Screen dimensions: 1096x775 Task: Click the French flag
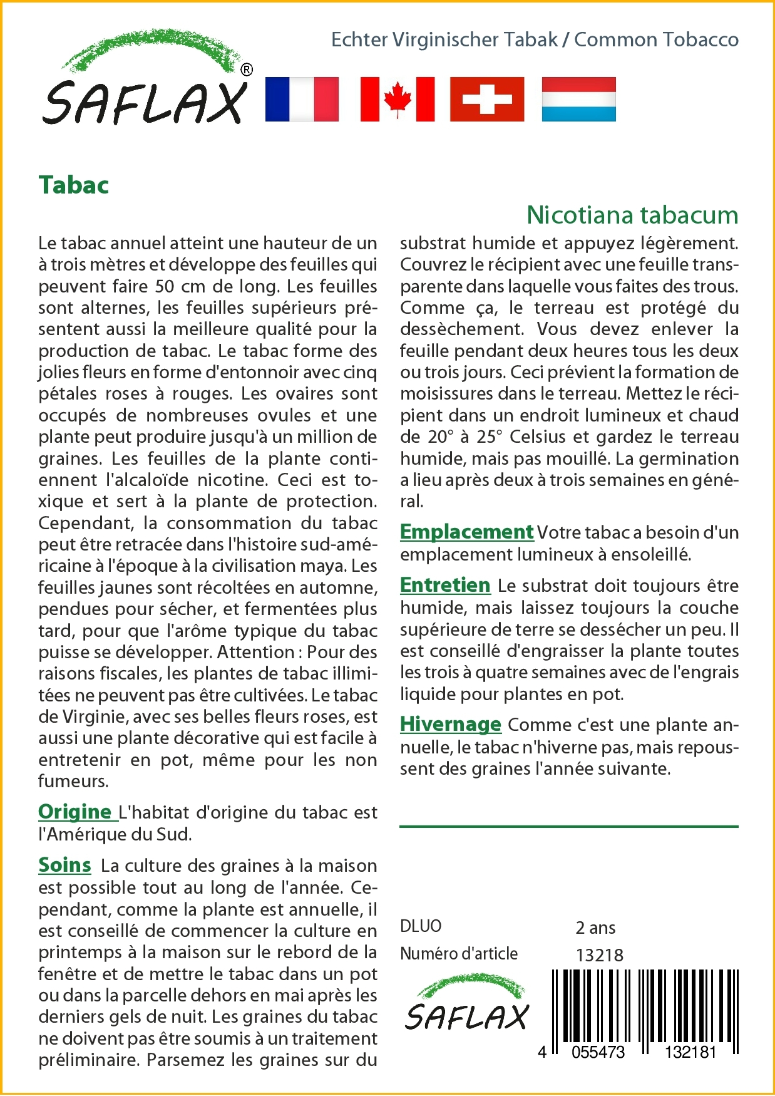tap(302, 99)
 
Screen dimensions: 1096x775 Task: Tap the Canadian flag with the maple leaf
tap(398, 99)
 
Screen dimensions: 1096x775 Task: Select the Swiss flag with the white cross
tap(487, 99)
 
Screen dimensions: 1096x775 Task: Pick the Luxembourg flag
tap(578, 99)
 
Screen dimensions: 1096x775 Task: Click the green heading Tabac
tap(74, 185)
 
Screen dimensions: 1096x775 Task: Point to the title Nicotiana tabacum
tap(632, 215)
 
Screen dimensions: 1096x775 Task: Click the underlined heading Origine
tap(75, 812)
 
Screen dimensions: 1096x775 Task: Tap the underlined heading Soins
tap(64, 865)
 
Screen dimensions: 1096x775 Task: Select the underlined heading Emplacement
tap(466, 532)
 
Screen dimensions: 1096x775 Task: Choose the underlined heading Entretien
tap(445, 585)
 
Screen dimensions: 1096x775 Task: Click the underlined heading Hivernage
tap(451, 724)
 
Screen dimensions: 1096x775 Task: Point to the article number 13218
tap(600, 955)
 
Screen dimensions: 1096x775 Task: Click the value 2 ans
tap(595, 928)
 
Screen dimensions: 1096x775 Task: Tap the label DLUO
tap(421, 926)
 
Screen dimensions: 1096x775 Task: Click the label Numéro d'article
tap(459, 954)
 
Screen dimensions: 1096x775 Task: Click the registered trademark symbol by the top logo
tap(247, 70)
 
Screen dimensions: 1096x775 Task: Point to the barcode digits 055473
tap(598, 1052)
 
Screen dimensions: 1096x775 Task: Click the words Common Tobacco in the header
tap(656, 39)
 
